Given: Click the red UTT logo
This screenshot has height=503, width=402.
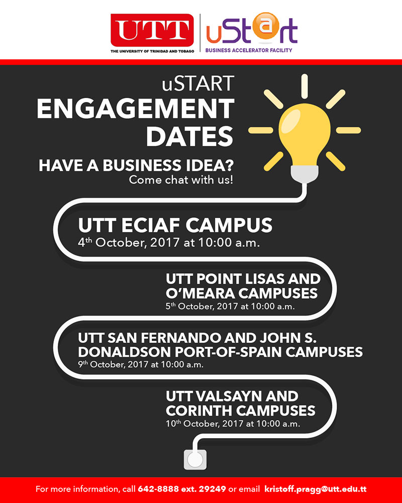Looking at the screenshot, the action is [x=152, y=30].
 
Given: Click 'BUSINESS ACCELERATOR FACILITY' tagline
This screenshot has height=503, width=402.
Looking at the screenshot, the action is [x=249, y=50].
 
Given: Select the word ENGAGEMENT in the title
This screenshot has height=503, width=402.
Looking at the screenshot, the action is [x=135, y=109].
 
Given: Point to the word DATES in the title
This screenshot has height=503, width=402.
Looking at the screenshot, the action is [x=190, y=136].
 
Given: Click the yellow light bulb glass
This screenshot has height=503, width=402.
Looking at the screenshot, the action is [x=304, y=135].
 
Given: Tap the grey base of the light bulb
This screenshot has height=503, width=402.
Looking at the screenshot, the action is [x=304, y=174].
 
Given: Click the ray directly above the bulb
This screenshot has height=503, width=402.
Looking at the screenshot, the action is [x=304, y=87].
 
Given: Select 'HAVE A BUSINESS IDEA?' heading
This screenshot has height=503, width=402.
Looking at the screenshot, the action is [x=136, y=166].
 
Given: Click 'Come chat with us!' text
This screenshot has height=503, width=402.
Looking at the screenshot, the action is [x=180, y=180].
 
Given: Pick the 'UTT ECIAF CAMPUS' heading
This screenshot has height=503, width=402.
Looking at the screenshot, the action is [x=175, y=225].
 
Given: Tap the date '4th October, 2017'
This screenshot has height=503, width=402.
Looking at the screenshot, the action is [x=129, y=243].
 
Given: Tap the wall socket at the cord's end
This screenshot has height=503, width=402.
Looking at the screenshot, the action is [x=195, y=460].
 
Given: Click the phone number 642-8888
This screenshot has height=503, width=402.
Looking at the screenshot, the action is [x=158, y=489].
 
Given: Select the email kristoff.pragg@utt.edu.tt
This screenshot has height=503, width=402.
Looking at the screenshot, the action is [x=316, y=489].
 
